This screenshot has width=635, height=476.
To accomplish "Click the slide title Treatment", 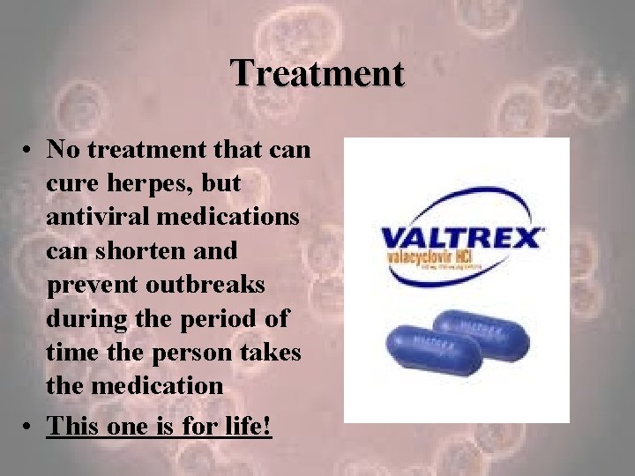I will coord(317,72).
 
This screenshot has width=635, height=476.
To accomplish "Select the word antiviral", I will coord(94,218).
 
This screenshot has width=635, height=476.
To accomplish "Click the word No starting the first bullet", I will coord(63,151).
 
